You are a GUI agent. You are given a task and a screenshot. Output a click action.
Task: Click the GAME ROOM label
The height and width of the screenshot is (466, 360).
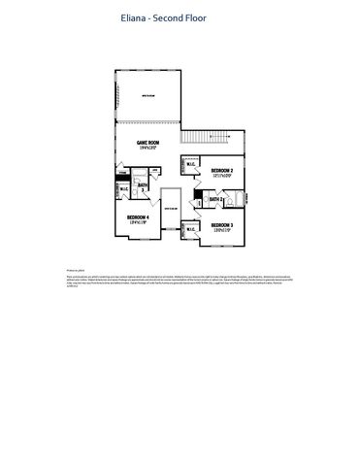coord(148,142)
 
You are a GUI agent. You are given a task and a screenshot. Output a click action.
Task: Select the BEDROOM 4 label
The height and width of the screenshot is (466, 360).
coord(137,216)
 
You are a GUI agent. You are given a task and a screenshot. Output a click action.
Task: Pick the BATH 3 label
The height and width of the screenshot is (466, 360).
coord(142,184)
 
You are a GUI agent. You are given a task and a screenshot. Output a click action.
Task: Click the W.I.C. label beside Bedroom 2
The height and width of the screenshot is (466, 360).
coord(189,163)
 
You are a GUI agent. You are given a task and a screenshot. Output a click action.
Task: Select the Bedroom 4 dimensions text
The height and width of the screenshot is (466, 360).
coord(137,222)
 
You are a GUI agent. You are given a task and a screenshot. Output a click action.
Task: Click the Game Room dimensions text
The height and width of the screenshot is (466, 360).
coord(148,148)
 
